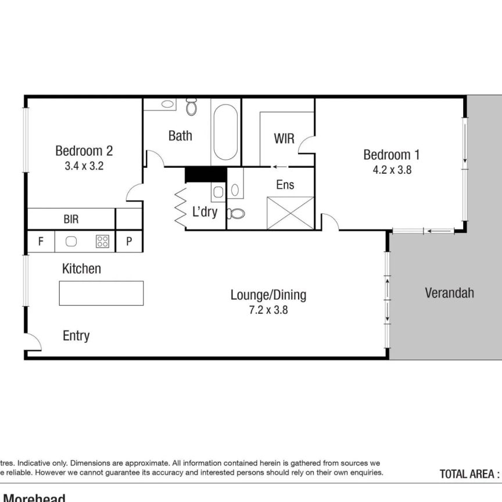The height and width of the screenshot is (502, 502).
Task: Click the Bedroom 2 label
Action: pyautogui.click(x=84, y=151)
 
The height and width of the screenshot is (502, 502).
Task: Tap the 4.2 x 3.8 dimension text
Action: pyautogui.click(x=392, y=170)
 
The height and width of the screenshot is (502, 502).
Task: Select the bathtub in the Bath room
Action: pyautogui.click(x=225, y=132)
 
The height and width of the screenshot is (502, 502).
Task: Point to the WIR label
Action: pyautogui.click(x=284, y=139)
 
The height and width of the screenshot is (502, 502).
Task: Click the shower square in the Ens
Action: pyautogui.click(x=290, y=213)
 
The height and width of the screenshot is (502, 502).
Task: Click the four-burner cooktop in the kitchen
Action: pyautogui.click(x=102, y=242)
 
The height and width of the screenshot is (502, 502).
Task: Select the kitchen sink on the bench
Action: pyautogui.click(x=72, y=242)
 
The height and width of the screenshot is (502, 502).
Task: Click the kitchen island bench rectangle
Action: pyautogui.click(x=101, y=293)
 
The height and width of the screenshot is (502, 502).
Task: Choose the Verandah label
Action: pyautogui.click(x=449, y=293)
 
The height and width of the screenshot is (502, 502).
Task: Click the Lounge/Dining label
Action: pyautogui.click(x=268, y=295)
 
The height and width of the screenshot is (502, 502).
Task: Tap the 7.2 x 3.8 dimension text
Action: pyautogui.click(x=268, y=310)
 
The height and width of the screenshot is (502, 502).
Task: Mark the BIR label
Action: pyautogui.click(x=71, y=220)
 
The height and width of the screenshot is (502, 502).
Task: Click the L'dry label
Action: pyautogui.click(x=205, y=212)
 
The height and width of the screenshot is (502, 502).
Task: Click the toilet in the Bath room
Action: pyautogui.click(x=192, y=108)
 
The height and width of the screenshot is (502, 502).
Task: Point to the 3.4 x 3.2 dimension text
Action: pyautogui.click(x=84, y=165)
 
